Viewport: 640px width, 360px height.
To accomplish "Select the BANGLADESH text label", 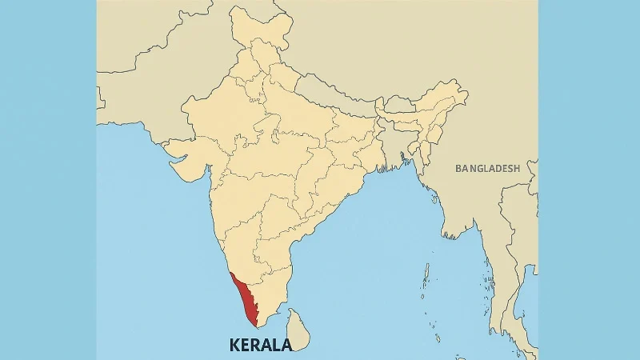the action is [487, 169].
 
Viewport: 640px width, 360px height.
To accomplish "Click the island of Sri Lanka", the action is [298, 330].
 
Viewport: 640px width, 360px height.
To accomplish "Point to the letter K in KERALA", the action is [234, 346].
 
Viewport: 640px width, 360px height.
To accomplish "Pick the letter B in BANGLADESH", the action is [458, 169].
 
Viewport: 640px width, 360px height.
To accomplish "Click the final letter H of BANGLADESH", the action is [516, 169].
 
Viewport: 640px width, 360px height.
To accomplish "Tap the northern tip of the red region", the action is [230, 273].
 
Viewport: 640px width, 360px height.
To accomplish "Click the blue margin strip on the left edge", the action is [48, 180].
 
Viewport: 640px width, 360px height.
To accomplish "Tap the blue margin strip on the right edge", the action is [589, 180].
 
